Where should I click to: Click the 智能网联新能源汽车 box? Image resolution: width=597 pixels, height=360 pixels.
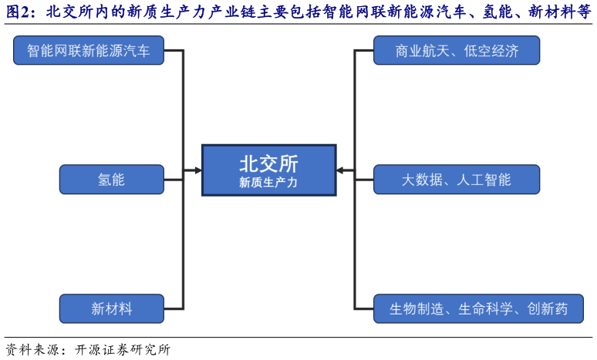click(x=89, y=51)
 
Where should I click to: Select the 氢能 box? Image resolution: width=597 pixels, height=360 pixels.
click(x=111, y=180)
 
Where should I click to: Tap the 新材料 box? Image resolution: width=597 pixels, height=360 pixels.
click(x=111, y=308)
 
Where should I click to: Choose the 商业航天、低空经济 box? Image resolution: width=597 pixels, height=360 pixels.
click(x=457, y=51)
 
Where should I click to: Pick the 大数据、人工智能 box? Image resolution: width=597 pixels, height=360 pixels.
click(x=457, y=180)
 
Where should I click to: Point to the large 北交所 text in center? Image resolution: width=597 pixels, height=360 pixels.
click(x=268, y=163)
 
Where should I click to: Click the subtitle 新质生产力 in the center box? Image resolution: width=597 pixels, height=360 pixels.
click(x=268, y=183)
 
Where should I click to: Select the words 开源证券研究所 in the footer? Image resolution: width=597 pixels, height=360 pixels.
click(x=123, y=349)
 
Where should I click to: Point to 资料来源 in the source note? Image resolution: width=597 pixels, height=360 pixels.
click(x=29, y=349)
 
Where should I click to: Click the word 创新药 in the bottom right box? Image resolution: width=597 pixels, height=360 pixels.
click(x=548, y=308)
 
